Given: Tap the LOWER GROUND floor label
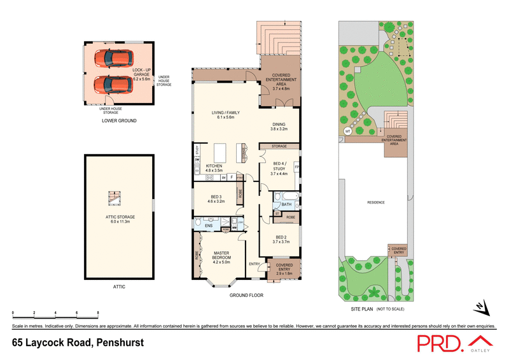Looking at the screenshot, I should [x=119, y=120].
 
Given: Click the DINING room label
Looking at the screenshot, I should [x=279, y=126].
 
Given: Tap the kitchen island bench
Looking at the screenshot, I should [x=221, y=154].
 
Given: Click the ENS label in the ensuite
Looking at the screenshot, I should [x=209, y=226].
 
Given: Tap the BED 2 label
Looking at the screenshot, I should [x=279, y=240].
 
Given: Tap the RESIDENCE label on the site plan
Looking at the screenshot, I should [x=376, y=203].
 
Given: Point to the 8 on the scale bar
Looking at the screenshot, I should [x=97, y=313].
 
